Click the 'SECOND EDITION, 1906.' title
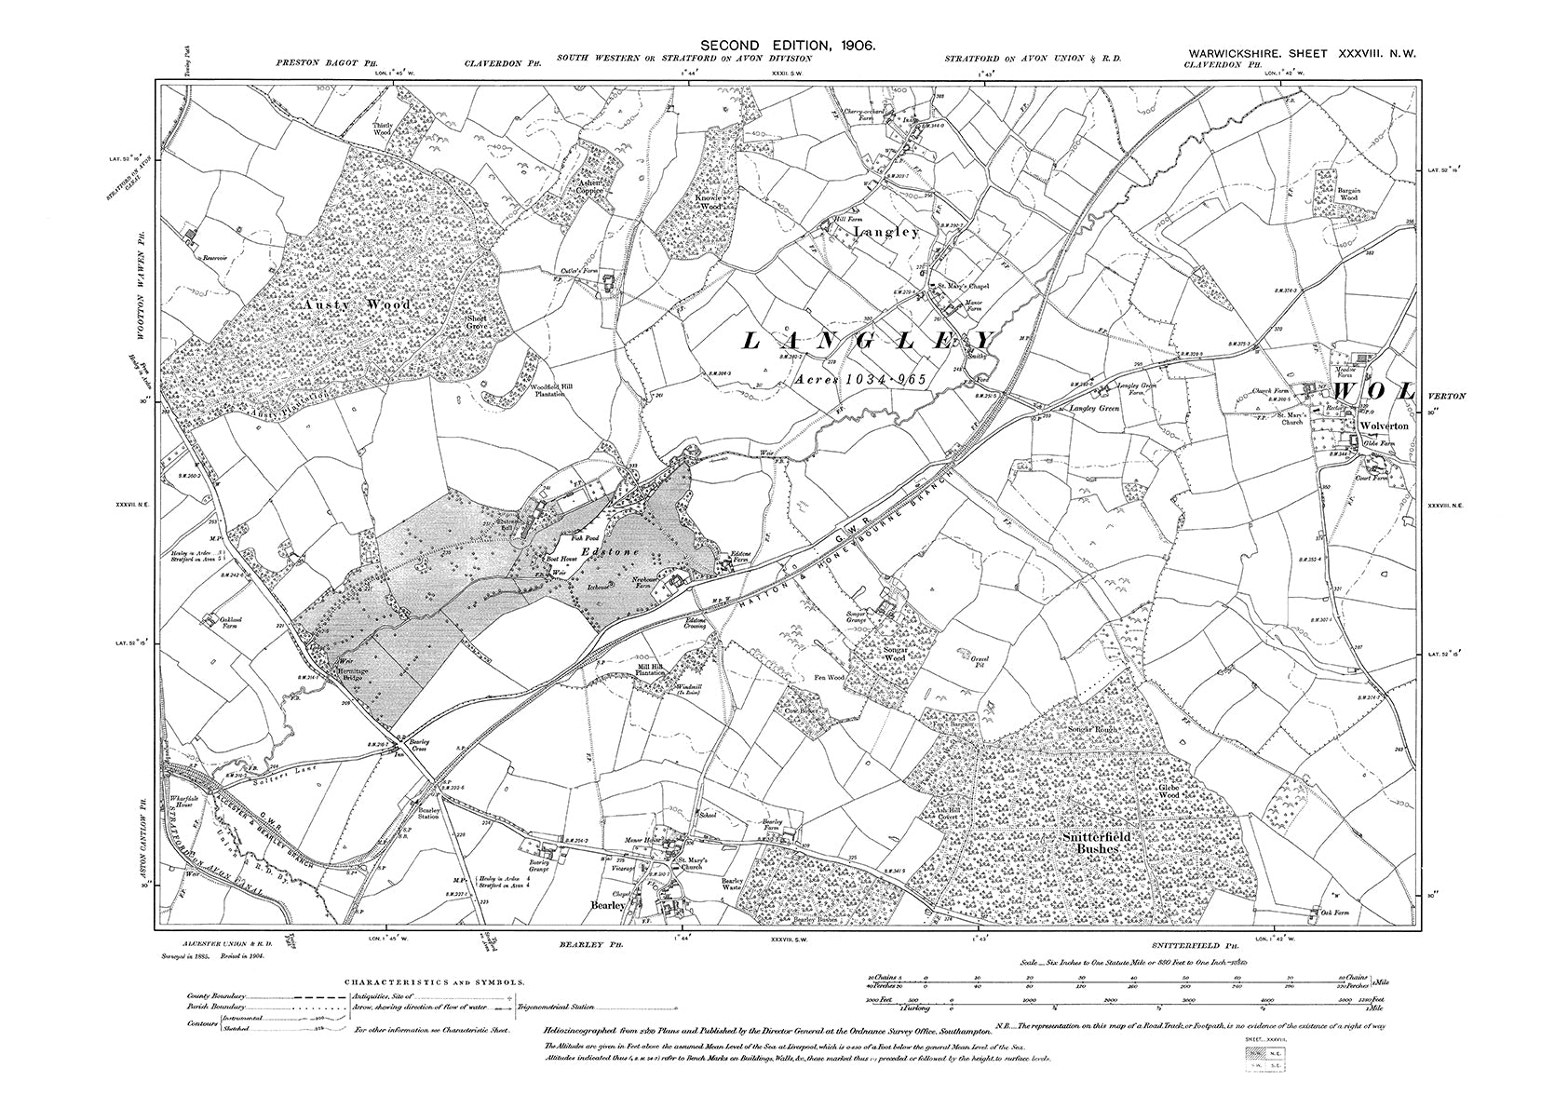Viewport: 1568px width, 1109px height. pyautogui.click(x=786, y=45)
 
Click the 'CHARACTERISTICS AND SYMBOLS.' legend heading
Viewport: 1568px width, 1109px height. pyautogui.click(x=436, y=982)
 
